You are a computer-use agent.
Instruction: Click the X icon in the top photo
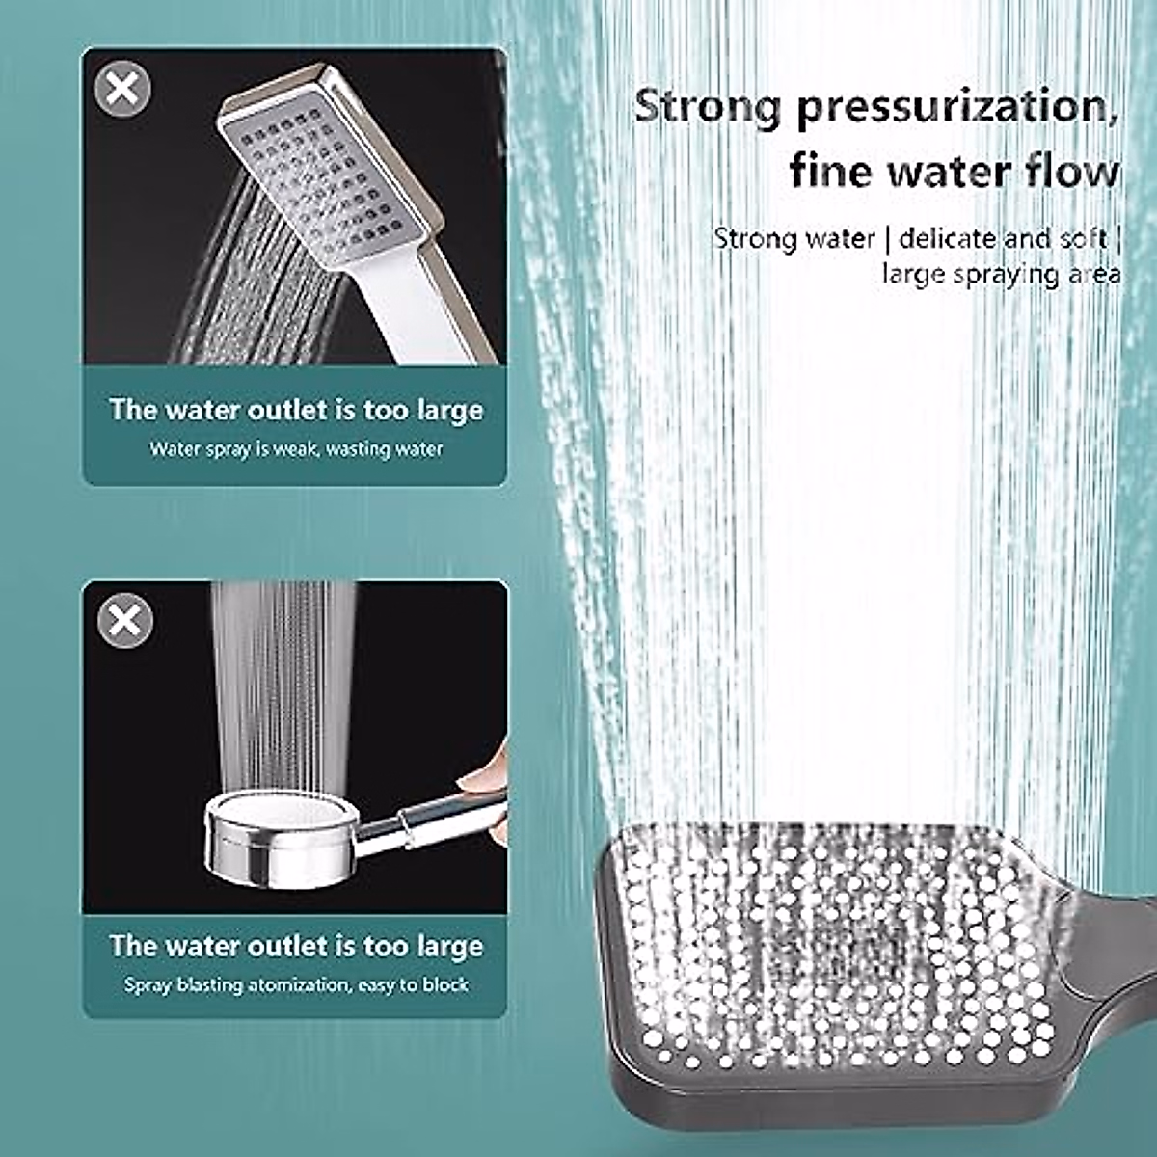pos(122,90)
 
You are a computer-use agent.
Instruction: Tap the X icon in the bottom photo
pos(125,620)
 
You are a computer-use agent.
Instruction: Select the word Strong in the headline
pos(707,106)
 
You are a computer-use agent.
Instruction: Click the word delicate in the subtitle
pos(947,238)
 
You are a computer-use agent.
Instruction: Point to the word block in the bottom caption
pos(446,985)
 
